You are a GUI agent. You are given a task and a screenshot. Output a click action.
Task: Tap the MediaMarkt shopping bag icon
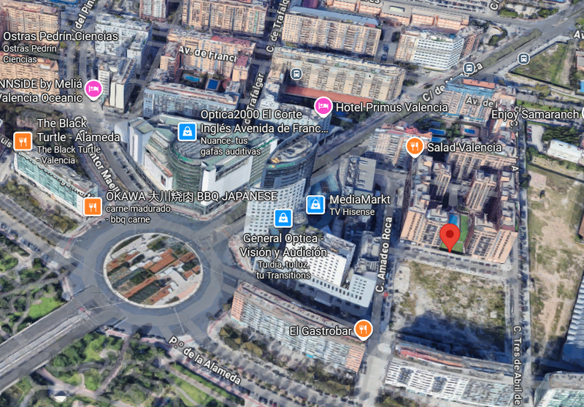pos(315,205)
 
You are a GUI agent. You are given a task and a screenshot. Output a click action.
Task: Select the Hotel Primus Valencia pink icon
pos(323,107)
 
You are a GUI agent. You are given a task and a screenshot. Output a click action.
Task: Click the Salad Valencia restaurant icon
pos(414,147)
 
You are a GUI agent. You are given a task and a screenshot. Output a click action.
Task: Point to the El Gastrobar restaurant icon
pos(363,330)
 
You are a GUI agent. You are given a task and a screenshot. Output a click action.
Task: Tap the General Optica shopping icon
pos(283,218)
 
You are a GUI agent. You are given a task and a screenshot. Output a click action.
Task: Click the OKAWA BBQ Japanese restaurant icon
pos(92,207)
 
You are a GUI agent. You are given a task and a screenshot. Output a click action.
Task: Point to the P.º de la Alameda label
pos(204,361)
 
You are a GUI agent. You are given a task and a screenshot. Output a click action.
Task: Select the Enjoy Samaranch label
pos(536,115)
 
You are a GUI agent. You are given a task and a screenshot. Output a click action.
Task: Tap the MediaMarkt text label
pos(360,199)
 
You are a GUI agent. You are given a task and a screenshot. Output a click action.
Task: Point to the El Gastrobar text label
pos(321,330)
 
